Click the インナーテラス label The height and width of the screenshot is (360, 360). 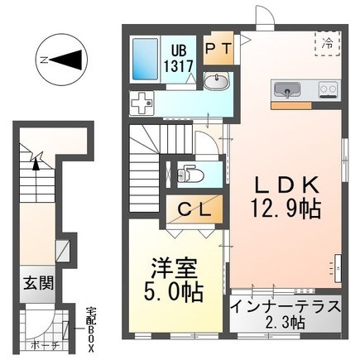coord(286,305)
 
